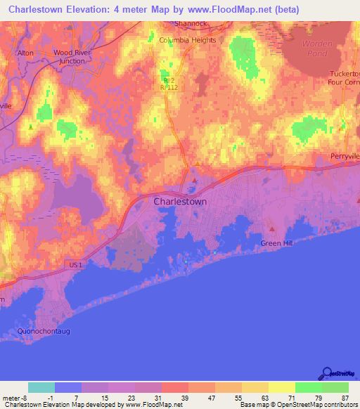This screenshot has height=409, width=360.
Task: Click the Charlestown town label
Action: click(180, 201)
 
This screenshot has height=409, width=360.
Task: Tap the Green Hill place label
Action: click(276, 243)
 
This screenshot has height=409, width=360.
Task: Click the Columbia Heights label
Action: click(187, 40)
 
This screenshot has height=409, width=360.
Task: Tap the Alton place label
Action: click(25, 53)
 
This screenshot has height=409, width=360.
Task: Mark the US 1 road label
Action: click(76, 264)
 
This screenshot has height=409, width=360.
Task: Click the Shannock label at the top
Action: click(193, 23)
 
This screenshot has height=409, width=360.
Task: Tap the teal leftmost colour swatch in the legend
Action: click(41, 387)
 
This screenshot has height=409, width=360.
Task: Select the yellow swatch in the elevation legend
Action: click(281, 387)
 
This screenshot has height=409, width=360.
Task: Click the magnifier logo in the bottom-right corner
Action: click(328, 374)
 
